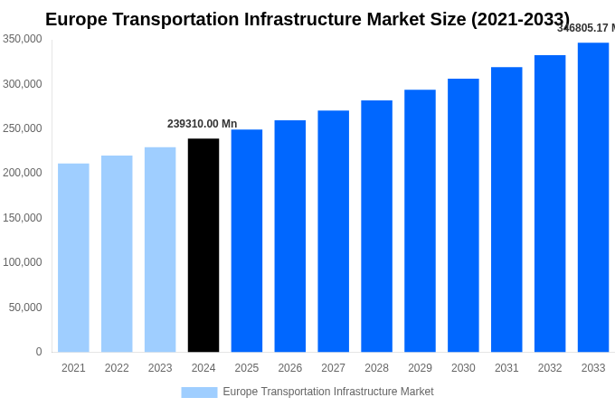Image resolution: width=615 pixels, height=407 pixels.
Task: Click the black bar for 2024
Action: [x=203, y=245]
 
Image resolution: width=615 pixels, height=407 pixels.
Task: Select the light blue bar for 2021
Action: [x=73, y=258]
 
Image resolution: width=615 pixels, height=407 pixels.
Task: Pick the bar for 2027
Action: [x=333, y=232]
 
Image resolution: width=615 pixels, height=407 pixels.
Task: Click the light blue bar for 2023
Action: [x=160, y=250]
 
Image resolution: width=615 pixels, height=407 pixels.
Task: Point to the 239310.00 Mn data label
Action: [x=202, y=124]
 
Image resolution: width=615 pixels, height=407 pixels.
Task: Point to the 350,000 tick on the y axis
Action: [x=22, y=39]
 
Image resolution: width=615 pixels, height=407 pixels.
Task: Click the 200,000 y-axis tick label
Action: [x=22, y=173]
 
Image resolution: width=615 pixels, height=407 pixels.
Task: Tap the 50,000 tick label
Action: [x=25, y=308]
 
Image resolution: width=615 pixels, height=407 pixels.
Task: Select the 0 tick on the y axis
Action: [x=38, y=352]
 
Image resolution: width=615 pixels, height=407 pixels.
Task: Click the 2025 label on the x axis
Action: [x=247, y=368]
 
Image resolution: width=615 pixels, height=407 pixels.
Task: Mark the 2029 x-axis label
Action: [x=420, y=368]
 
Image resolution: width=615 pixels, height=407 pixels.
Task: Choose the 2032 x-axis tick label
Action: [x=550, y=368]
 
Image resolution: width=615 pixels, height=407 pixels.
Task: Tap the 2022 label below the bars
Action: [x=117, y=368]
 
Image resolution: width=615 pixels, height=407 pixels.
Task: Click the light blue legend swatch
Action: [x=199, y=393]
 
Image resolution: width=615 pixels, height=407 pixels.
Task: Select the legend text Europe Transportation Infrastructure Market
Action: [x=328, y=392]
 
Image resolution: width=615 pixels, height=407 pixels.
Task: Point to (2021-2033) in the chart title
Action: [x=520, y=19]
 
